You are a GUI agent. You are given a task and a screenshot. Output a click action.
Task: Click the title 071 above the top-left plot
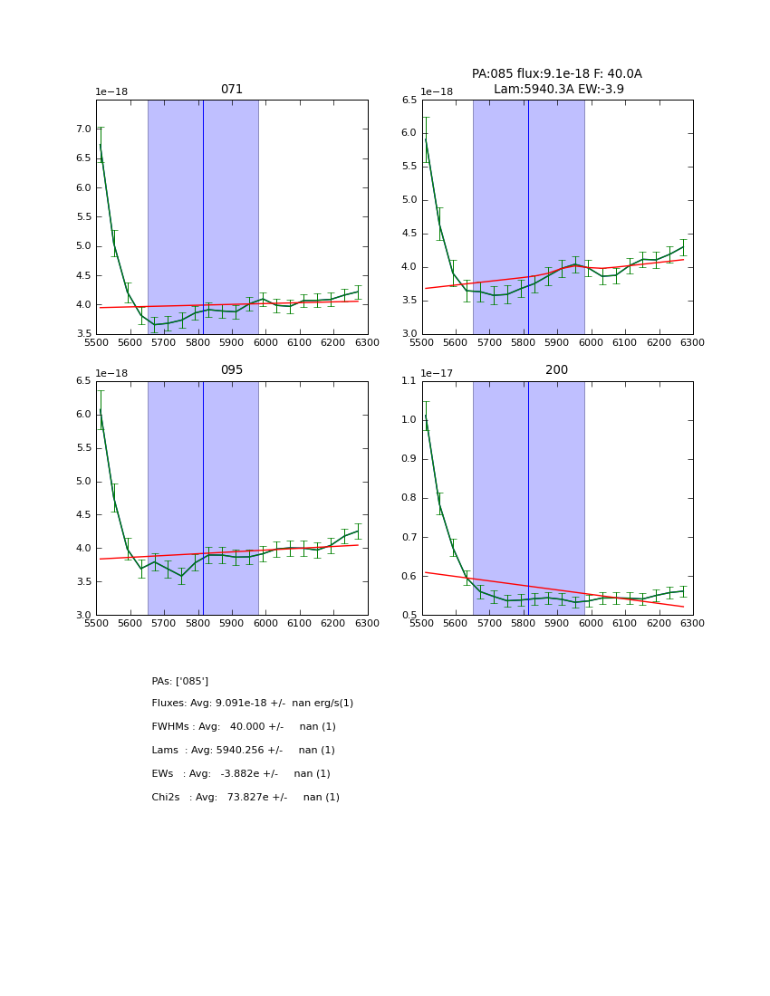(x=231, y=90)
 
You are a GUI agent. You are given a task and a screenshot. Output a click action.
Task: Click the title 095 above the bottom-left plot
(x=231, y=370)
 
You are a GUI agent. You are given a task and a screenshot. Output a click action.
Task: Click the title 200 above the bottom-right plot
(x=556, y=370)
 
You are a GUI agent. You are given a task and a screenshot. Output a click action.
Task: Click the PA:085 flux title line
(x=556, y=74)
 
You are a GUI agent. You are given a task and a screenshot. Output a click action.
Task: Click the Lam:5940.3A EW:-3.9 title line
(x=558, y=89)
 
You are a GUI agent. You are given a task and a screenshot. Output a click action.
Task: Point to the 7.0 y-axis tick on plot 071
(x=82, y=129)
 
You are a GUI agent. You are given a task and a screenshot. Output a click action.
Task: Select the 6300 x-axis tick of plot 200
(x=692, y=625)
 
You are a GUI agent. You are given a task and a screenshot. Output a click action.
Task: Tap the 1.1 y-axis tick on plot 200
(x=408, y=381)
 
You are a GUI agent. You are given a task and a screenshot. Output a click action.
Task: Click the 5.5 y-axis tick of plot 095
(x=82, y=448)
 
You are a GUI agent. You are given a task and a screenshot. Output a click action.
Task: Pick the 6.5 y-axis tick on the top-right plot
(x=408, y=101)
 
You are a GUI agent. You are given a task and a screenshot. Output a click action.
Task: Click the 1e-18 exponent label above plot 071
(x=111, y=92)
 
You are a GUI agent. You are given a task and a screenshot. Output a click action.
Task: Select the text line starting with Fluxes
(x=252, y=704)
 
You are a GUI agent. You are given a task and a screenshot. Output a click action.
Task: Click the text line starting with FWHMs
(x=244, y=727)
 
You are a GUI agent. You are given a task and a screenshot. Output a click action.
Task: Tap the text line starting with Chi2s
(x=245, y=798)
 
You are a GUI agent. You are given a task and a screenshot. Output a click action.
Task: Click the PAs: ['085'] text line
(x=179, y=681)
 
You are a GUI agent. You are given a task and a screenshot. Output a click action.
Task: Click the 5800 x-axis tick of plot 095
(x=197, y=625)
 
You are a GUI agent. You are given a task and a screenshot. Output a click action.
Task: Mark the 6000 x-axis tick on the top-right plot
(x=591, y=344)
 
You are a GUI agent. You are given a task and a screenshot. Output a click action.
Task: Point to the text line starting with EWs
(x=241, y=774)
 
